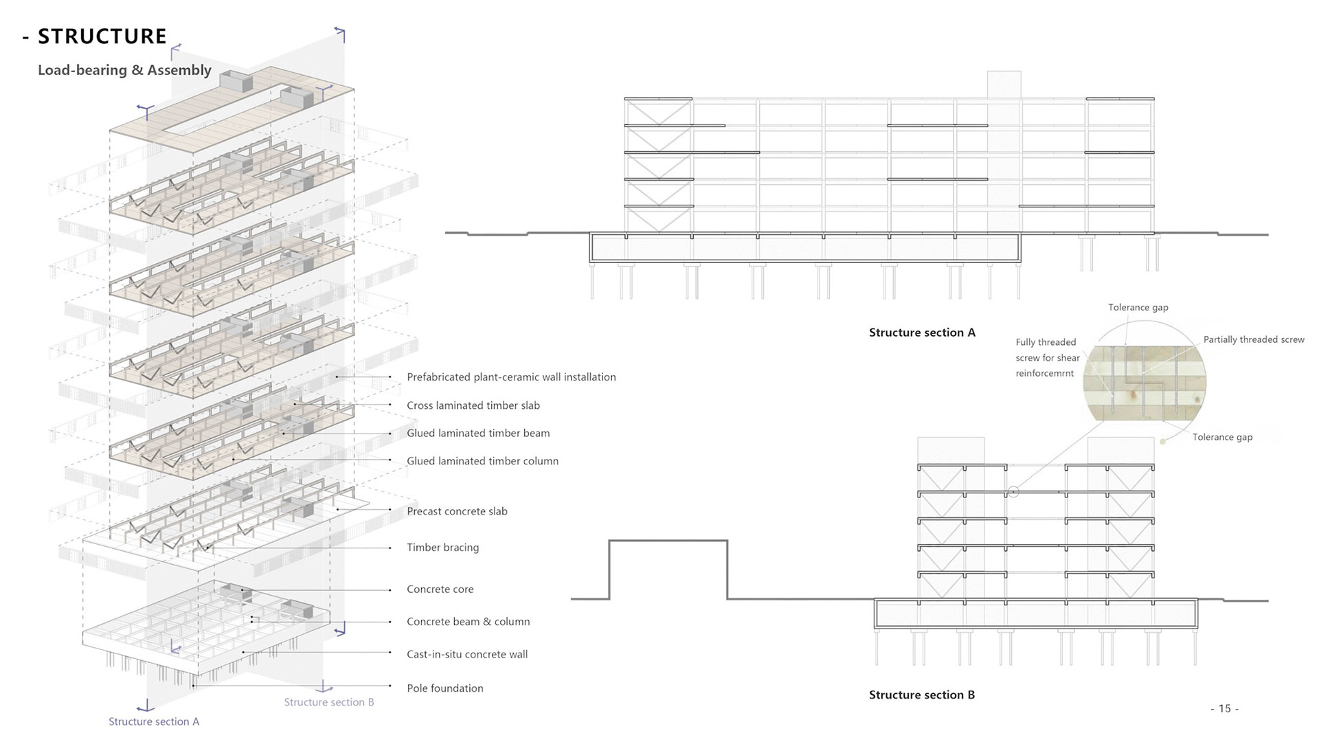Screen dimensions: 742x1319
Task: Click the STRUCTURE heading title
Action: point(102,36)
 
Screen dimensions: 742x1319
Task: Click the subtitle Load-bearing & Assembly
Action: point(124,70)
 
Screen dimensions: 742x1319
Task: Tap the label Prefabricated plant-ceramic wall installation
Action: point(511,377)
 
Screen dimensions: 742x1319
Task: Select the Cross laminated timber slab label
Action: point(473,405)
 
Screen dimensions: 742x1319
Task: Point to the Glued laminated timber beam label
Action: point(478,434)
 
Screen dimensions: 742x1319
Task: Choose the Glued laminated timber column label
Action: point(482,461)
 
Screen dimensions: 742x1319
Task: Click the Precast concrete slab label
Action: point(457,511)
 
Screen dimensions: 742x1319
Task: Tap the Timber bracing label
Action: point(442,548)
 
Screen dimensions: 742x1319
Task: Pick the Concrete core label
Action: point(440,589)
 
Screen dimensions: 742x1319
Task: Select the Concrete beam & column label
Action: point(468,622)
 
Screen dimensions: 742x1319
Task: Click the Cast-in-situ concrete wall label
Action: point(467,655)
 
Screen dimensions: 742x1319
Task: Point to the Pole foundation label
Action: point(444,688)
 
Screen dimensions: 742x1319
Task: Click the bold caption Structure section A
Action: point(922,333)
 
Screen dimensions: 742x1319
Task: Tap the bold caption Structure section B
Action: point(921,695)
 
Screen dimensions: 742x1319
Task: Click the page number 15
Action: point(1224,708)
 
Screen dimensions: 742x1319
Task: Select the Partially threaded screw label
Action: point(1253,339)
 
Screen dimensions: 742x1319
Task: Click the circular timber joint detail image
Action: point(1145,383)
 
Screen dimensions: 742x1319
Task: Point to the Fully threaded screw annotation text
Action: point(1047,357)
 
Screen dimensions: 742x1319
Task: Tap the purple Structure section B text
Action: point(329,702)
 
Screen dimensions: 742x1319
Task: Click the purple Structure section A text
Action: point(154,721)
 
